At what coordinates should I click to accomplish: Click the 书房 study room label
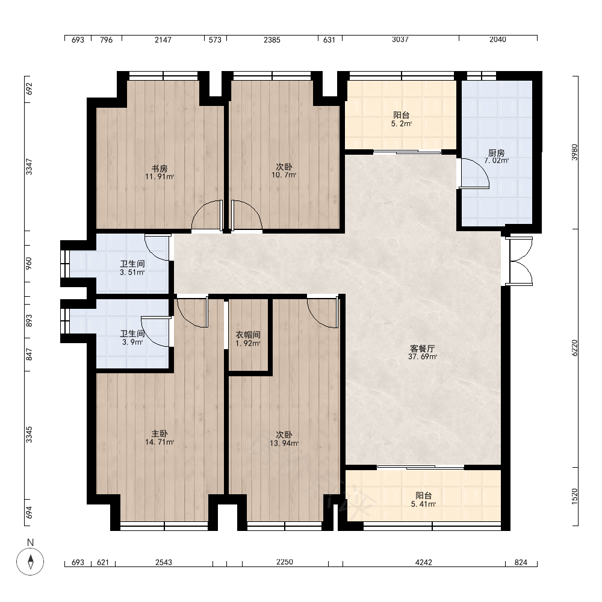(x=160, y=169)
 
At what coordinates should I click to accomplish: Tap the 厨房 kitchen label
(x=497, y=153)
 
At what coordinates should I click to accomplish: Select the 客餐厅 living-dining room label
(x=423, y=349)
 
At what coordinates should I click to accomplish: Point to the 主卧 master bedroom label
(x=160, y=434)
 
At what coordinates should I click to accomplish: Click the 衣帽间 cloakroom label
(x=248, y=335)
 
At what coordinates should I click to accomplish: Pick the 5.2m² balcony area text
(x=402, y=123)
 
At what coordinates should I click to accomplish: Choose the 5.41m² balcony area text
(x=423, y=504)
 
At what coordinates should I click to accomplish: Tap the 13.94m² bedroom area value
(x=284, y=443)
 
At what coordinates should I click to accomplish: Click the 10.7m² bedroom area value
(x=284, y=175)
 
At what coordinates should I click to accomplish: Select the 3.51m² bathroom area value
(x=132, y=273)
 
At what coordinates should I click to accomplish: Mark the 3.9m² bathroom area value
(x=132, y=342)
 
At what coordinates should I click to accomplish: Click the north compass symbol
(x=30, y=562)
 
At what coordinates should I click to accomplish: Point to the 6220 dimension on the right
(x=574, y=348)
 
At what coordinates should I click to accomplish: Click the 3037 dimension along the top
(x=400, y=40)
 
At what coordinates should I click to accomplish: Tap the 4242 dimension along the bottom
(x=423, y=562)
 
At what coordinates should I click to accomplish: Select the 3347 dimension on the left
(x=29, y=167)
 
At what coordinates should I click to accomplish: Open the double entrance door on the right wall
(x=519, y=261)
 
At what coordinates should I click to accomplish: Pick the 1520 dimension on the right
(x=574, y=497)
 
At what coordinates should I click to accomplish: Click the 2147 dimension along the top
(x=163, y=40)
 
